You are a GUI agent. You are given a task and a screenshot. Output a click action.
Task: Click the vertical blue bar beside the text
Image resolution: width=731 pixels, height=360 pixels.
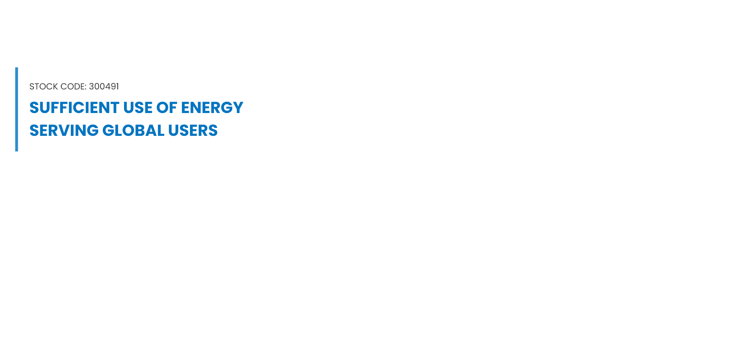click(17, 109)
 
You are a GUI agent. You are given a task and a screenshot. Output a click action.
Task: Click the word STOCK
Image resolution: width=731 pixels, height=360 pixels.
click(44, 87)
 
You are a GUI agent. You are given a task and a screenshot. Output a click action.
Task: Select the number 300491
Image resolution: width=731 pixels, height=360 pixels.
click(104, 87)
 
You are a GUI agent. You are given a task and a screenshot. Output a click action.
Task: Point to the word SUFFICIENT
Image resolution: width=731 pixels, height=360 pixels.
click(75, 108)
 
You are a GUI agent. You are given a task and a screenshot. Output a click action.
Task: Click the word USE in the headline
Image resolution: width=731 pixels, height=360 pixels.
click(137, 108)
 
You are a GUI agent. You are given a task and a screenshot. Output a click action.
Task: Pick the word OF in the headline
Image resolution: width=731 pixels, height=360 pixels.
click(166, 108)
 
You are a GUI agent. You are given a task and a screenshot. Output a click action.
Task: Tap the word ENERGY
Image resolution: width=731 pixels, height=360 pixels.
click(212, 108)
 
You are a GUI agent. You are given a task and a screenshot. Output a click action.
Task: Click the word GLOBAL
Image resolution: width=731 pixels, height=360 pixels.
click(133, 131)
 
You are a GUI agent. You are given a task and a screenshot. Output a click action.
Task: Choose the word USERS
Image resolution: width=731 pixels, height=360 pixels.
click(193, 131)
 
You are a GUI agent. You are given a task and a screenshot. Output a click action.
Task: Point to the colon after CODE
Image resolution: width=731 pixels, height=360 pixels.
click(86, 88)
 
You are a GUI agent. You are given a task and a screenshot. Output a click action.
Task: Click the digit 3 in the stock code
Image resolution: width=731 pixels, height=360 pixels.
click(91, 87)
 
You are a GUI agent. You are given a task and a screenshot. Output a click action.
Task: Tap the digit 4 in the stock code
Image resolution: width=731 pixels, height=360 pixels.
click(107, 87)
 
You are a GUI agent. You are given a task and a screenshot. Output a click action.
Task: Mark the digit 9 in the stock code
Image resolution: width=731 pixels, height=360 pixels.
click(112, 87)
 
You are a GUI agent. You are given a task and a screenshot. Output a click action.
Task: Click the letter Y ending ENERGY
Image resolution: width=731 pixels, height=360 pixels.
click(238, 108)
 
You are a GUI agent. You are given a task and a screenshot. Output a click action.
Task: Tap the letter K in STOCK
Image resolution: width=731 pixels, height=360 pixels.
click(56, 87)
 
